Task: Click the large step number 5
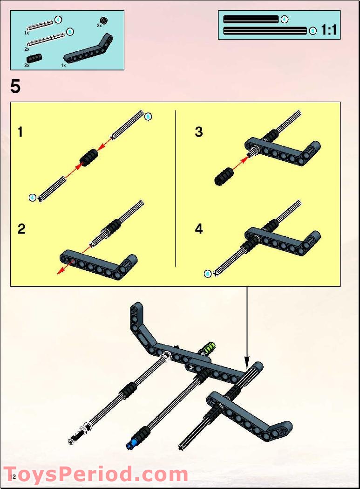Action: [x=16, y=87]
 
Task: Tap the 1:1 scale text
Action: [x=328, y=31]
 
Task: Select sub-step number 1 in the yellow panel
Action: [x=20, y=132]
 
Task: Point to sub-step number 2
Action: [x=21, y=229]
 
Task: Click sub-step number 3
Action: [x=199, y=132]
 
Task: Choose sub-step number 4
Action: [x=199, y=229]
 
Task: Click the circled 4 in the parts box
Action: [x=58, y=20]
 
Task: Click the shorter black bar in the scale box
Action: [x=251, y=20]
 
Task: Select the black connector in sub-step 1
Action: [x=88, y=157]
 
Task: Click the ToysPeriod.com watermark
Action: [x=96, y=475]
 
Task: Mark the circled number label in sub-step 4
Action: [x=208, y=274]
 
